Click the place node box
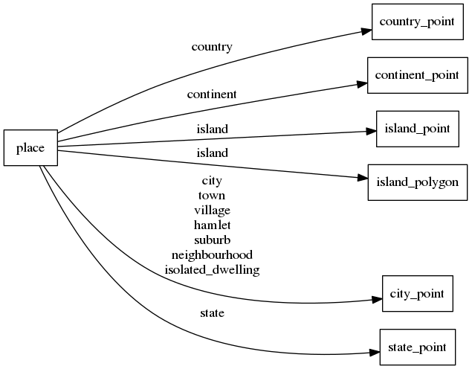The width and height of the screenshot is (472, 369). [30, 148]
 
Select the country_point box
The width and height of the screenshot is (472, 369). [417, 22]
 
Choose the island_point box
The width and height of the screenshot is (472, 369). [417, 128]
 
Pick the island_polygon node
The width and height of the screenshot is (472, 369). [417, 182]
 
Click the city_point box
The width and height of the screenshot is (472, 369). [417, 294]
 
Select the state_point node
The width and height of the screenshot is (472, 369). [417, 347]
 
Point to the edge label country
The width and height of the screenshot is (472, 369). [212, 47]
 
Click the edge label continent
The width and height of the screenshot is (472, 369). [212, 94]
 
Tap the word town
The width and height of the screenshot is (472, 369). [212, 195]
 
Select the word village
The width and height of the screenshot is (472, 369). [212, 210]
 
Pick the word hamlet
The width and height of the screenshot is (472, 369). [212, 225]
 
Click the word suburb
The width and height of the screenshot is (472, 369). [212, 240]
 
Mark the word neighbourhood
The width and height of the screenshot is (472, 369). [212, 254]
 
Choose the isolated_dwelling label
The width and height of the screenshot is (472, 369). [212, 269]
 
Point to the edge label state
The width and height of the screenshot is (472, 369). [212, 313]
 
